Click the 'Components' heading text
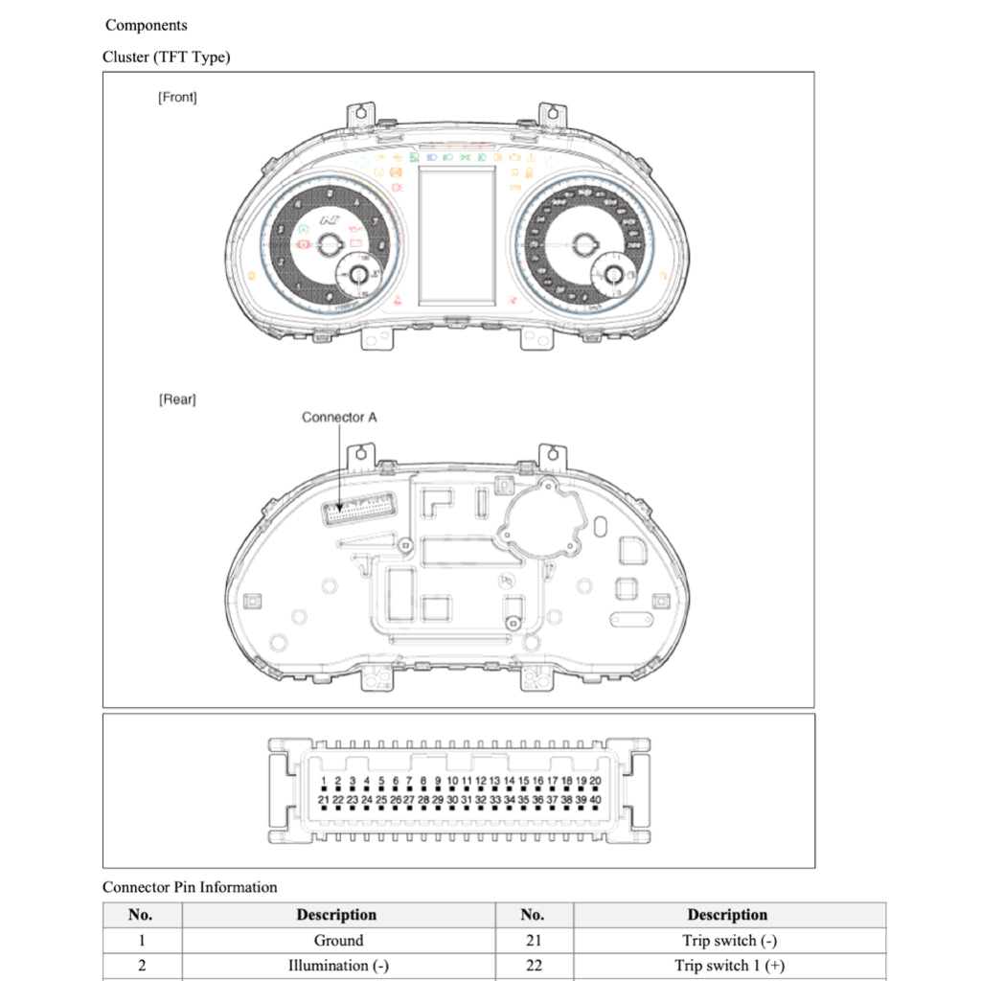click(146, 25)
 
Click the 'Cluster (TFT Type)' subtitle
click(166, 57)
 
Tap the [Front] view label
click(177, 97)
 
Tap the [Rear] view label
click(177, 399)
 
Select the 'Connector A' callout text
click(339, 417)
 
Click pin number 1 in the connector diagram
click(325, 782)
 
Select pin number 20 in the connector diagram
click(595, 782)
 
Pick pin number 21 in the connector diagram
click(324, 799)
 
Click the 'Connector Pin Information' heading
click(190, 887)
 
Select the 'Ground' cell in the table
click(338, 941)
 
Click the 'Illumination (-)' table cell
click(338, 966)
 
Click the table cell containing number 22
click(534, 966)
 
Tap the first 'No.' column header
click(141, 915)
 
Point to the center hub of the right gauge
click(582, 244)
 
